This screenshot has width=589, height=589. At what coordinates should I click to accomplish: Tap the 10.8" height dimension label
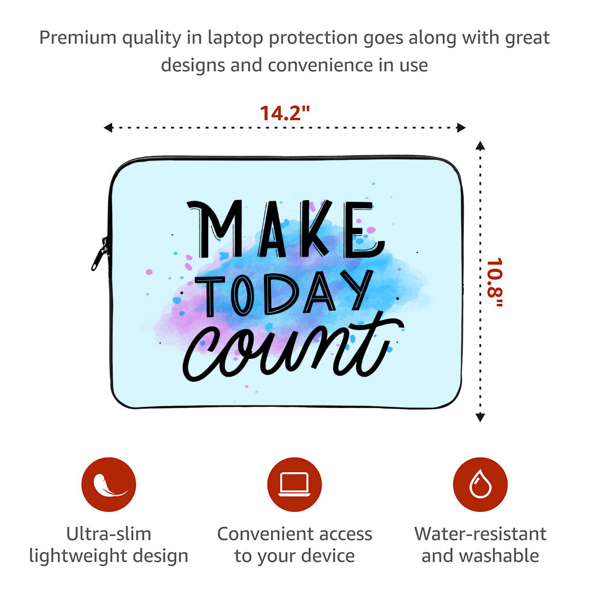point(494,282)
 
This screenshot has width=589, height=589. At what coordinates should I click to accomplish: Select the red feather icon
point(109,484)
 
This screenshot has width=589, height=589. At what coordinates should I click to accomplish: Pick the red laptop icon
point(294,484)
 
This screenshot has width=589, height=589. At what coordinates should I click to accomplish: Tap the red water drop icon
point(480,484)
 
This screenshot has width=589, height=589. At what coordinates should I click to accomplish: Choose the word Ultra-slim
point(109,534)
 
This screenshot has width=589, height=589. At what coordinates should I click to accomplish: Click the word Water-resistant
point(480,534)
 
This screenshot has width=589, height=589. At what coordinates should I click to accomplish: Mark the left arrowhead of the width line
point(108,128)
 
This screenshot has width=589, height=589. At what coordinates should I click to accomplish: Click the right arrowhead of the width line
point(461,128)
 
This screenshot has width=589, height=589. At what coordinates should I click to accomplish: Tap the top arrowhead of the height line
point(480,145)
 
